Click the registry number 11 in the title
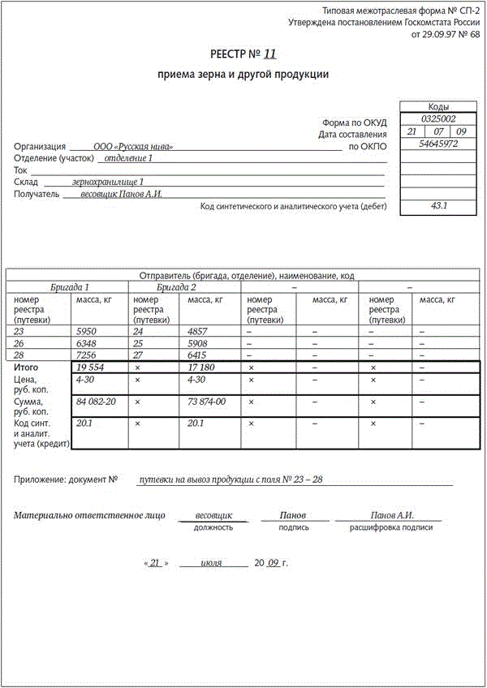[270, 54]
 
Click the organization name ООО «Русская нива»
[133, 147]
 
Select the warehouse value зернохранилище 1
[108, 182]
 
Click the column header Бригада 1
[70, 287]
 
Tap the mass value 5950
[86, 332]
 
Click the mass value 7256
[86, 356]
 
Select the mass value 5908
[199, 344]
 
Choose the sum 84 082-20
[96, 402]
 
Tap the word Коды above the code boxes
[439, 107]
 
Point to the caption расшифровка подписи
[391, 527]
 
